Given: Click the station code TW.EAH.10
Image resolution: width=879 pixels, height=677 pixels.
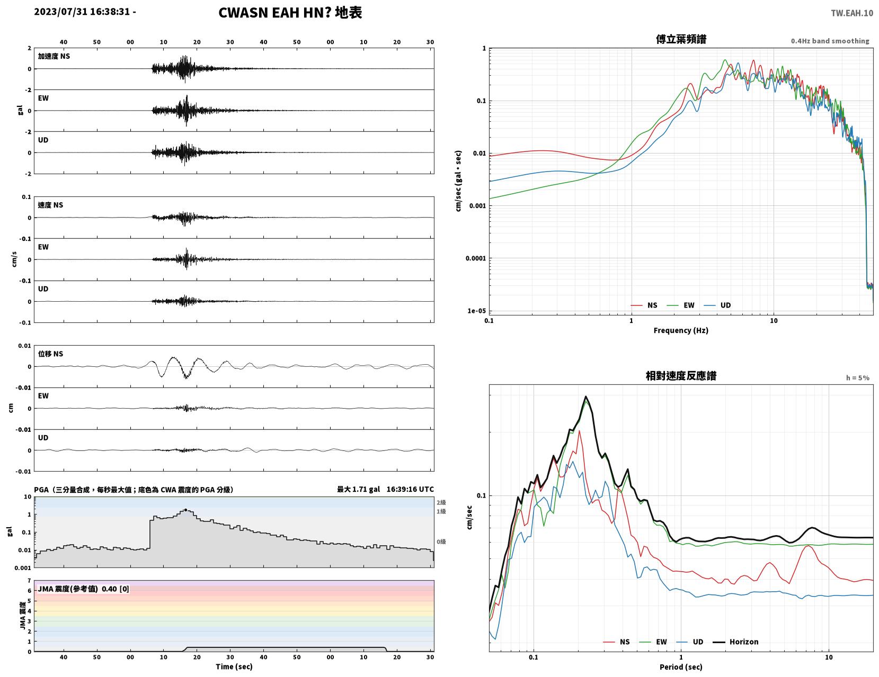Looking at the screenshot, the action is (x=851, y=13).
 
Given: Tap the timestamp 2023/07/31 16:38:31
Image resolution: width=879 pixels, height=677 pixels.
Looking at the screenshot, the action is (x=82, y=12).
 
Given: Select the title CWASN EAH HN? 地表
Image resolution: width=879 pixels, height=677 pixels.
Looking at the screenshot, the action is (x=290, y=13).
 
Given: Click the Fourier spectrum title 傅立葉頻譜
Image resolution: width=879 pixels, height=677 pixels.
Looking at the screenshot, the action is (x=681, y=39).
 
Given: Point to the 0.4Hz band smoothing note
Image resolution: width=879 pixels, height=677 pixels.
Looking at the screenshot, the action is (x=830, y=41).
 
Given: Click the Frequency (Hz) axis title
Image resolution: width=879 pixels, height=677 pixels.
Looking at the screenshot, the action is (x=680, y=330).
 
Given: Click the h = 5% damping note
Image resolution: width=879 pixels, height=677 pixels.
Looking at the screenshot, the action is (x=857, y=378).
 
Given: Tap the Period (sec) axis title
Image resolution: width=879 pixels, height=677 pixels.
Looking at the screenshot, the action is (x=680, y=666).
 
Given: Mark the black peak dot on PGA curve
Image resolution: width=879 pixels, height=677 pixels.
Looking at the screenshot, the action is (x=185, y=510).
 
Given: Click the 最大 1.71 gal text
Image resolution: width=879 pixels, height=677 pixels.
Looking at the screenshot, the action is (x=358, y=489).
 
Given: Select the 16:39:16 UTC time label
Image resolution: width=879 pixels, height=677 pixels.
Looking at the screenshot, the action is (x=410, y=489).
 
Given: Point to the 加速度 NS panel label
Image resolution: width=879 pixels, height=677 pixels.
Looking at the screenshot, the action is (x=54, y=56).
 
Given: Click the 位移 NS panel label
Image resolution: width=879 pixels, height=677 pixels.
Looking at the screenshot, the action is (x=50, y=354).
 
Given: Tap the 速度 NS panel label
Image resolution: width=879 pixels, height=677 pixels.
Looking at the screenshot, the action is (x=50, y=205).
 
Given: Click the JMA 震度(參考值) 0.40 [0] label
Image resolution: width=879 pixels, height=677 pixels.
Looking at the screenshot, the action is (x=83, y=589).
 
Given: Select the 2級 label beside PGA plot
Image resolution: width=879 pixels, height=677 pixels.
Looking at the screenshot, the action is (x=441, y=502).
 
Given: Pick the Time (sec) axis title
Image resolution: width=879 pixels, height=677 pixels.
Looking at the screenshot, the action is (x=234, y=666).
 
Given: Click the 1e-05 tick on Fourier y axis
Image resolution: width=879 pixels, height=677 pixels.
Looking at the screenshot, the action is (x=476, y=311).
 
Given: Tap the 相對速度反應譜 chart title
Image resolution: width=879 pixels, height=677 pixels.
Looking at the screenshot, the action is (x=681, y=376).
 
